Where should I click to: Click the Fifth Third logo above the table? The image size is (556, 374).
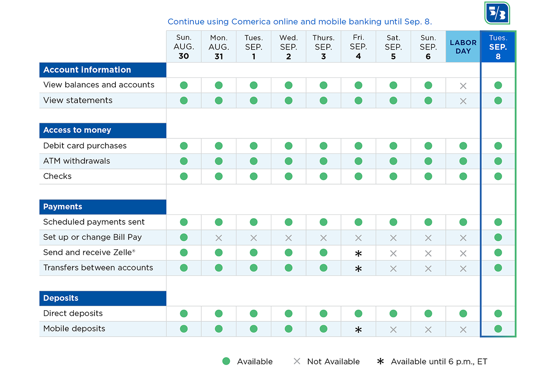click(x=497, y=13)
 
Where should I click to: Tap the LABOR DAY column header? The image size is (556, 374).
click(x=463, y=47)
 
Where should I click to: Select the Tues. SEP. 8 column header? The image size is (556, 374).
click(x=498, y=47)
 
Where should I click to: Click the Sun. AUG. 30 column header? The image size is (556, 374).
click(x=183, y=47)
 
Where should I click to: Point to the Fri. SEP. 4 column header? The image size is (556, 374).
click(x=358, y=47)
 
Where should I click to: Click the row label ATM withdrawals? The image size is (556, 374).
click(x=77, y=161)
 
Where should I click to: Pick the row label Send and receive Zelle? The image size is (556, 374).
click(x=89, y=253)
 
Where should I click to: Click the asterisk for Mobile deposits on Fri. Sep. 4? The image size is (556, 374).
click(x=358, y=330)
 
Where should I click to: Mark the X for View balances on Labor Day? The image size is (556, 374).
click(x=463, y=86)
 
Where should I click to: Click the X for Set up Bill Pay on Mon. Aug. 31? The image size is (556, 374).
click(x=219, y=238)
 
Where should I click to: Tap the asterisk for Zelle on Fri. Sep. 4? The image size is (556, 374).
click(x=358, y=254)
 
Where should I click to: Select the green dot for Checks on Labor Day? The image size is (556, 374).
click(x=463, y=177)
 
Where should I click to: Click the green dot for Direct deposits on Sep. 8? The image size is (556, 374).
click(x=498, y=314)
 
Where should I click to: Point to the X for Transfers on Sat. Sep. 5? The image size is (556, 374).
click(x=393, y=269)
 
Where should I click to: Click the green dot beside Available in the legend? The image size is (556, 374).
click(x=226, y=361)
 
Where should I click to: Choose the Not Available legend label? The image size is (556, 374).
click(x=333, y=362)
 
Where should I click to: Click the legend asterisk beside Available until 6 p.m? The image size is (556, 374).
click(x=381, y=361)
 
